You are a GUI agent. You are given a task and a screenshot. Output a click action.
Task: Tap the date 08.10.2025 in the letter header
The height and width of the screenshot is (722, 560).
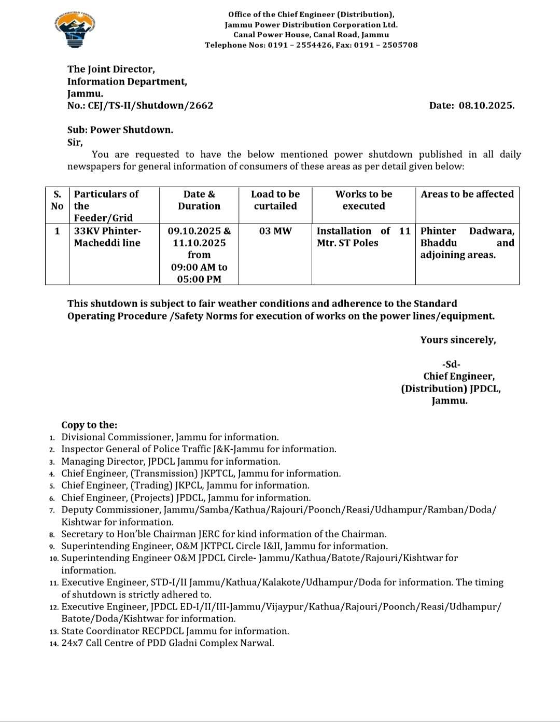pos(486,106)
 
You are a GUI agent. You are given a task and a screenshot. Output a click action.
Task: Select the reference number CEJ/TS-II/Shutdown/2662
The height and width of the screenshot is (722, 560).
pos(150,106)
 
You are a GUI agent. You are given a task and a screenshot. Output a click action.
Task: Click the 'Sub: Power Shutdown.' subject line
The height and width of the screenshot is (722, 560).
pos(120,130)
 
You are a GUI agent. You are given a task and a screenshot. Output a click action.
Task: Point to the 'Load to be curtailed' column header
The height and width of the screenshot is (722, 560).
pos(275,200)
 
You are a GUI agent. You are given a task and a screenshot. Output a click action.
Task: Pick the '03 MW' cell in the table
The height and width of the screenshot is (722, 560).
pos(275,231)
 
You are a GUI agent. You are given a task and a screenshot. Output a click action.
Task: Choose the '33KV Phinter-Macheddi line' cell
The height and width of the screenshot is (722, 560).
pos(107,237)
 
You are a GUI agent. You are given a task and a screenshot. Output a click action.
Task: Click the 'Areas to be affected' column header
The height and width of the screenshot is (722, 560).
pos(467,195)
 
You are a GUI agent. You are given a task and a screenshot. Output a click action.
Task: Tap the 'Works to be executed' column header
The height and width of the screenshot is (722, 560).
pos(363,200)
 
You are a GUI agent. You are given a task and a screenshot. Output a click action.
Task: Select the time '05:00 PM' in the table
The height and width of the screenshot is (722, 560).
pos(199,280)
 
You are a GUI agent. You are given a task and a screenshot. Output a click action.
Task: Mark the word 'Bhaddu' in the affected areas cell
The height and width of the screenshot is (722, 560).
pos(439,243)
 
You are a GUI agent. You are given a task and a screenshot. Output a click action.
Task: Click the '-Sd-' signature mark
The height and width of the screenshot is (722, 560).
pos(451,365)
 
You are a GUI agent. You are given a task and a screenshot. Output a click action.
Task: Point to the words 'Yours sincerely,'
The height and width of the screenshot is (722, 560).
pos(458,340)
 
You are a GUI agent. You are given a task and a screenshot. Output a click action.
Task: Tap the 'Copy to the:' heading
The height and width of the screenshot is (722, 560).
pos(89,425)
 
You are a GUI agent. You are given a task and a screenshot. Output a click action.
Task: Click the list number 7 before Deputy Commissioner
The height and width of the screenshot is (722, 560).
pos(52,510)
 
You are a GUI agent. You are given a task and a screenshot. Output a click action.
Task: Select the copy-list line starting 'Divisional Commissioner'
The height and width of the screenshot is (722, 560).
pos(170,437)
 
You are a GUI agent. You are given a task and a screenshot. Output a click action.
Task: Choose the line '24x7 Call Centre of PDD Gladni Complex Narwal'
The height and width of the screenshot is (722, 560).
pos(167,643)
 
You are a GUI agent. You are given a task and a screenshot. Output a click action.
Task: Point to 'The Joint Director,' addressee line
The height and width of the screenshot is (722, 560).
pos(111,70)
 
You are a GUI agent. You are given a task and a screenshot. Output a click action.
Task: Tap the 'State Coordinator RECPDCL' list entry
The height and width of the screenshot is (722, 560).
pos(175,631)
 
